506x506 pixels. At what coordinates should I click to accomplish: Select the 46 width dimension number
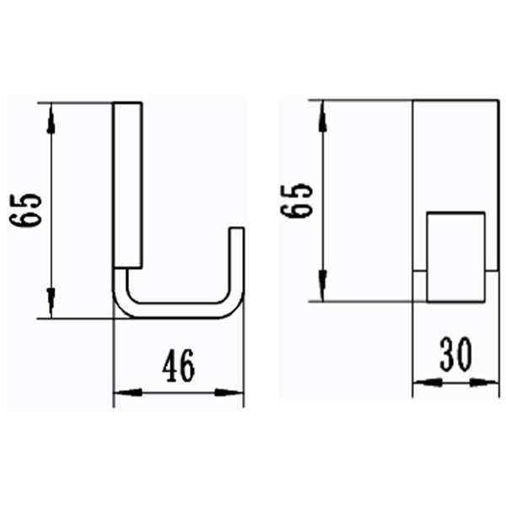point(178,365)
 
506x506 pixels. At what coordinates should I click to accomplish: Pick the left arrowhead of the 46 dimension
point(123,392)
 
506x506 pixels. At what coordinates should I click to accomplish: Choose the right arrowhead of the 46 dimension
point(234,392)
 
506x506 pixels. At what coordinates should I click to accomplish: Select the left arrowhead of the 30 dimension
point(423,383)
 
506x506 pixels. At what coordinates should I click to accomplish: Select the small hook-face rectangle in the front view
point(456,256)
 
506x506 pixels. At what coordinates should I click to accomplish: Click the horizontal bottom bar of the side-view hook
point(177,314)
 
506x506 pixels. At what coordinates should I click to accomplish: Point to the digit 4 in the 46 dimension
point(169,365)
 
